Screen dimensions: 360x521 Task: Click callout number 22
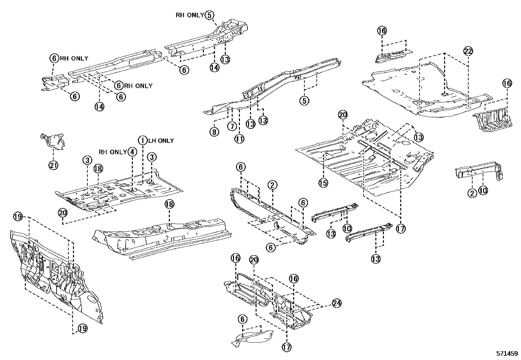pyautogui.click(x=468, y=51)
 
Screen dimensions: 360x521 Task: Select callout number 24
pyautogui.click(x=337, y=303)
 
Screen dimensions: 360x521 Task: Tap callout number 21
pyautogui.click(x=53, y=165)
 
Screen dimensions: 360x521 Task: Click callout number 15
pyautogui.click(x=323, y=182)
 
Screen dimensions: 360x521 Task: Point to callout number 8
pyautogui.click(x=214, y=132)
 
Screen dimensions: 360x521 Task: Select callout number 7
pyautogui.click(x=232, y=126)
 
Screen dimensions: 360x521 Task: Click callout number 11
pyautogui.click(x=239, y=139)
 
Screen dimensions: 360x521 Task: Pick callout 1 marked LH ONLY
pyautogui.click(x=143, y=141)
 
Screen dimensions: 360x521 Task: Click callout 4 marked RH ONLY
pyautogui.click(x=132, y=152)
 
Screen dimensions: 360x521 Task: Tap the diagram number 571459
pyautogui.click(x=507, y=354)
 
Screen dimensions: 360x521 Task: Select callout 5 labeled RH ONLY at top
pyautogui.click(x=209, y=15)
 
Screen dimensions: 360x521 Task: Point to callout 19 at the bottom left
pyautogui.click(x=83, y=329)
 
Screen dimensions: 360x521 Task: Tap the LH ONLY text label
pyautogui.click(x=161, y=141)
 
